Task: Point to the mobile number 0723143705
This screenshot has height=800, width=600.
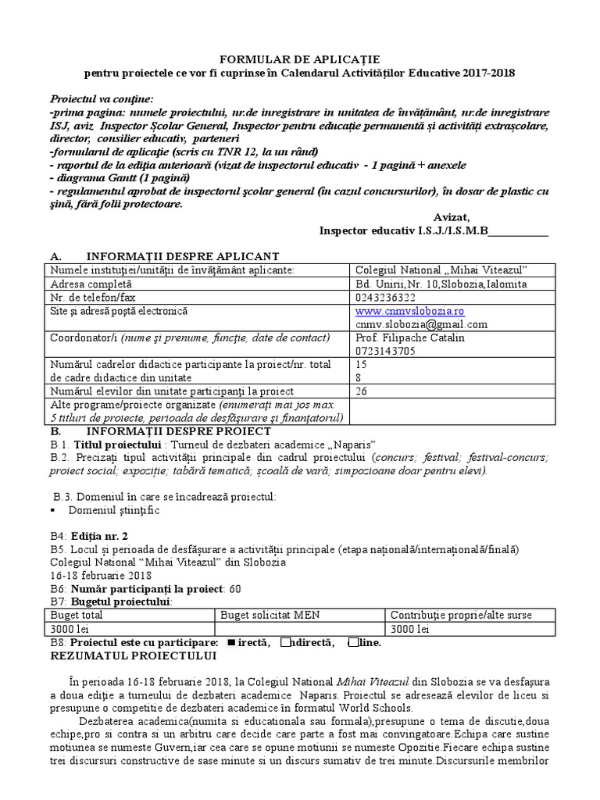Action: coord(386,351)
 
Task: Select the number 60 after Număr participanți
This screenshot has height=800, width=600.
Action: coord(235,588)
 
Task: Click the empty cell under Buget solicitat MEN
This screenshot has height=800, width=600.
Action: coord(300,629)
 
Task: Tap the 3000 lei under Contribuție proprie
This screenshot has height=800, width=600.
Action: coord(409,629)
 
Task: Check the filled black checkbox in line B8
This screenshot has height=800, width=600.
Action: coord(230,642)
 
